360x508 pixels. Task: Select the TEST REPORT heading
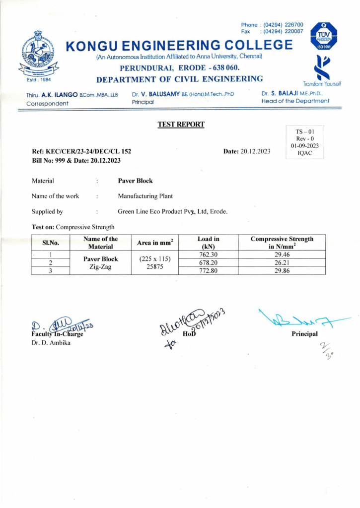pos(181,125)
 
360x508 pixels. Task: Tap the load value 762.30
pos(209,254)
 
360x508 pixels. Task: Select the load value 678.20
pos(209,262)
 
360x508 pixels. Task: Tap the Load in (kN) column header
pos(209,243)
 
